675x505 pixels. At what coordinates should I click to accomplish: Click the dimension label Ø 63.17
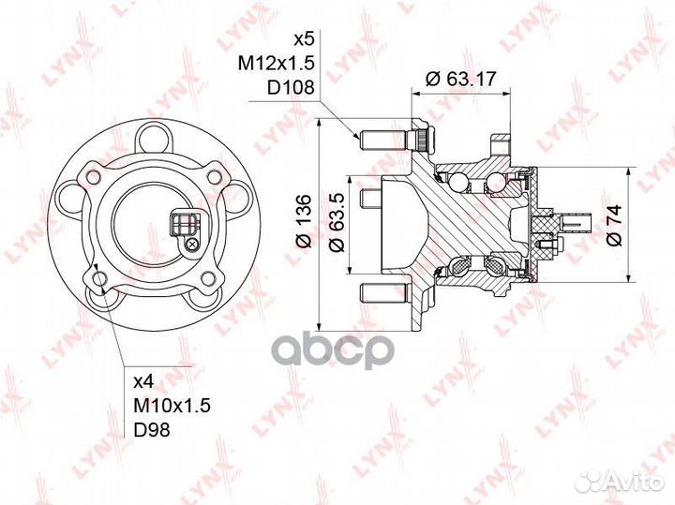461,80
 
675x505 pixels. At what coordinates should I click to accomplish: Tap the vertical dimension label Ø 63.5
335,227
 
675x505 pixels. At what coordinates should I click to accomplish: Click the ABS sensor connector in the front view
182,225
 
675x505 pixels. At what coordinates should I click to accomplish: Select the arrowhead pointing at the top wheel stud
358,139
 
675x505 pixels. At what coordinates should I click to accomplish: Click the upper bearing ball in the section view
458,178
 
